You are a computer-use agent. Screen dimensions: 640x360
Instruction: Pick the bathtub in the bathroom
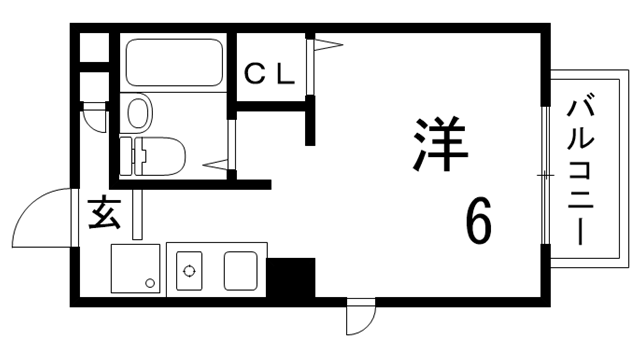(174, 63)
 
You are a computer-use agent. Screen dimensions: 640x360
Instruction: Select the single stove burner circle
(187, 268)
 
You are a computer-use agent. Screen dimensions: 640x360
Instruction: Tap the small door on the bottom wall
(359, 319)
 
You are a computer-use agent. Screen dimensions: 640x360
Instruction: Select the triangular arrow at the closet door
(328, 44)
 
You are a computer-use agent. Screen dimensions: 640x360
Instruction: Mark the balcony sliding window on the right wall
(545, 175)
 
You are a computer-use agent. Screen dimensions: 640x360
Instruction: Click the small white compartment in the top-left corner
(94, 48)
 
